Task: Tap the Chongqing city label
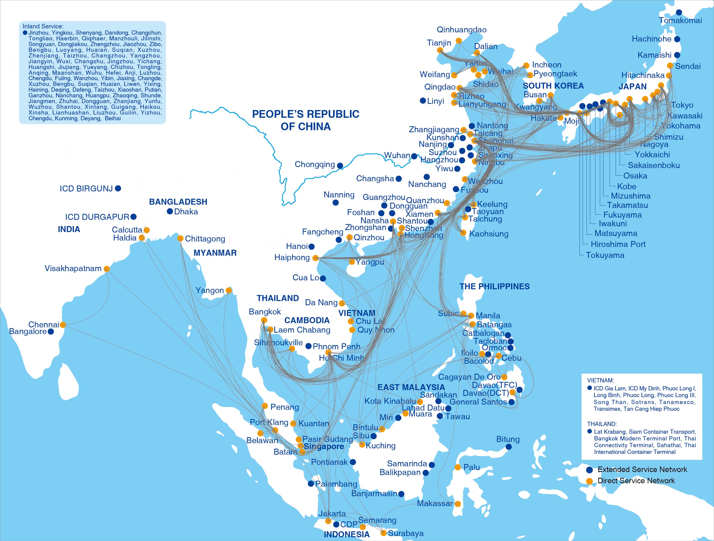click(314, 164)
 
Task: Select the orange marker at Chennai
click(63, 325)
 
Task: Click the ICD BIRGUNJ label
click(86, 189)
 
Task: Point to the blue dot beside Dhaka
click(170, 212)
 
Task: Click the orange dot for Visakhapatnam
click(107, 269)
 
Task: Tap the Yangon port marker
click(229, 290)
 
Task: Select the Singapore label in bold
click(324, 447)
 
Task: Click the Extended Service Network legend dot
click(590, 470)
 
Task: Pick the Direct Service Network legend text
click(636, 481)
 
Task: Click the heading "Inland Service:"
click(43, 26)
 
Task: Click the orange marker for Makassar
click(458, 504)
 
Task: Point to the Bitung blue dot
click(509, 447)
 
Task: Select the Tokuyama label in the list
click(605, 255)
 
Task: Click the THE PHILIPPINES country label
click(495, 287)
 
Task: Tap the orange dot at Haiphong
click(315, 258)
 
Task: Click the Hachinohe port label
click(651, 39)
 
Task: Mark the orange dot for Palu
click(458, 467)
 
